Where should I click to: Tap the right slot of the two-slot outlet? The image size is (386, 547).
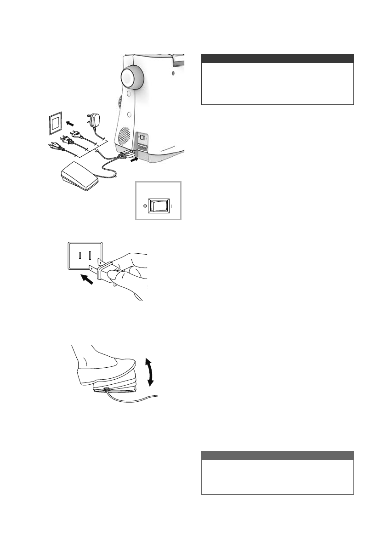coord(91,256)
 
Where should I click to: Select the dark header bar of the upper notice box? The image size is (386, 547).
coord(278,58)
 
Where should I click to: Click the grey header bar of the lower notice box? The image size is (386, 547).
coord(278,455)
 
